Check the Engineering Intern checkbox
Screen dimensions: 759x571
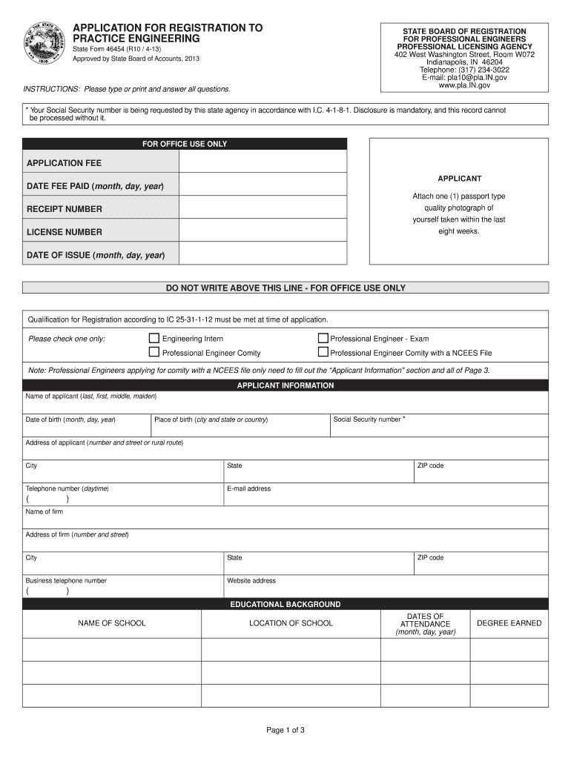coord(154,339)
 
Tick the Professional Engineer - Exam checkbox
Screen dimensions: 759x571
coord(323,339)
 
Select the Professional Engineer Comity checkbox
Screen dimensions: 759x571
coord(154,353)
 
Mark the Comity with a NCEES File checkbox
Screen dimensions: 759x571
coord(323,353)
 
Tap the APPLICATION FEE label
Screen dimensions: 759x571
coord(65,163)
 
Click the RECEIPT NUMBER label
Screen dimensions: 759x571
coord(65,209)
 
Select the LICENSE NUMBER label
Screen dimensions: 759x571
coord(65,232)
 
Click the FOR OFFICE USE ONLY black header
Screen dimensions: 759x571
coord(185,144)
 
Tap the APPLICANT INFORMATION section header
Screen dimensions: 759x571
coord(285,385)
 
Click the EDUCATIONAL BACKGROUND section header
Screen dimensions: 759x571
coord(285,605)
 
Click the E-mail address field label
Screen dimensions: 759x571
coord(249,488)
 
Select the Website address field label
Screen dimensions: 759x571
coord(251,581)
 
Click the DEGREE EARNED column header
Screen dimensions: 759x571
coord(509,623)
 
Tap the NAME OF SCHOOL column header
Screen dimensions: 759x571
coord(112,623)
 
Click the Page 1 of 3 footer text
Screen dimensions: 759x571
coord(285,730)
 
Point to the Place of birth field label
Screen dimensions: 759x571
coord(211,420)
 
